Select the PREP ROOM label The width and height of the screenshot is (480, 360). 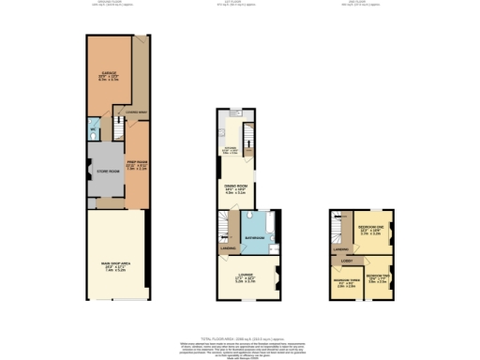(x=137, y=167)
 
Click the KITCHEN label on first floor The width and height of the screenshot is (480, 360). (x=230, y=148)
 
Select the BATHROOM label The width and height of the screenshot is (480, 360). (x=256, y=240)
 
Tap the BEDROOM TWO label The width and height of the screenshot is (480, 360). (x=378, y=278)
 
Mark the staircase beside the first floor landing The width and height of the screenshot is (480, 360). (x=222, y=225)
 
